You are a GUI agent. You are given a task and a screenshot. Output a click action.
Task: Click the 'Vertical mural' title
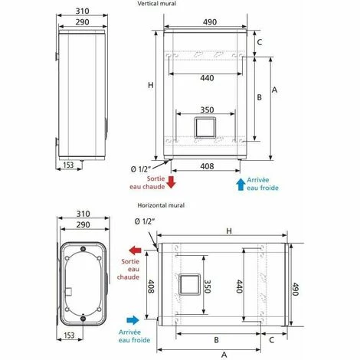pyautogui.click(x=157, y=4)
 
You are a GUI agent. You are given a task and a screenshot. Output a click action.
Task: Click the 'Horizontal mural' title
pyautogui.click(x=161, y=205)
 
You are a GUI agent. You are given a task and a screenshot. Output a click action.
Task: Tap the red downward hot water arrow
pyautogui.click(x=171, y=182)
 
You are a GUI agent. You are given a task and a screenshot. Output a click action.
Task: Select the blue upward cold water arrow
pyautogui.click(x=241, y=185)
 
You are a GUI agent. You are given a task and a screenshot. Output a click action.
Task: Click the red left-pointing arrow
pyautogui.click(x=135, y=250)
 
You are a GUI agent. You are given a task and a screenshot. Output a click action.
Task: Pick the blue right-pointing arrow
pyautogui.click(x=133, y=320)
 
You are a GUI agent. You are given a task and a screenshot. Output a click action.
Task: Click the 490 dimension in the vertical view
pyautogui.click(x=210, y=22)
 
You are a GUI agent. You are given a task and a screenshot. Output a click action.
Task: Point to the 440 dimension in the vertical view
pyautogui.click(x=207, y=78)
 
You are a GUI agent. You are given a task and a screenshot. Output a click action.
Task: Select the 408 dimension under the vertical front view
pyautogui.click(x=207, y=166)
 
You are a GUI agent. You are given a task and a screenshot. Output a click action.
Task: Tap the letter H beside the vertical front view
pyautogui.click(x=151, y=85)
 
